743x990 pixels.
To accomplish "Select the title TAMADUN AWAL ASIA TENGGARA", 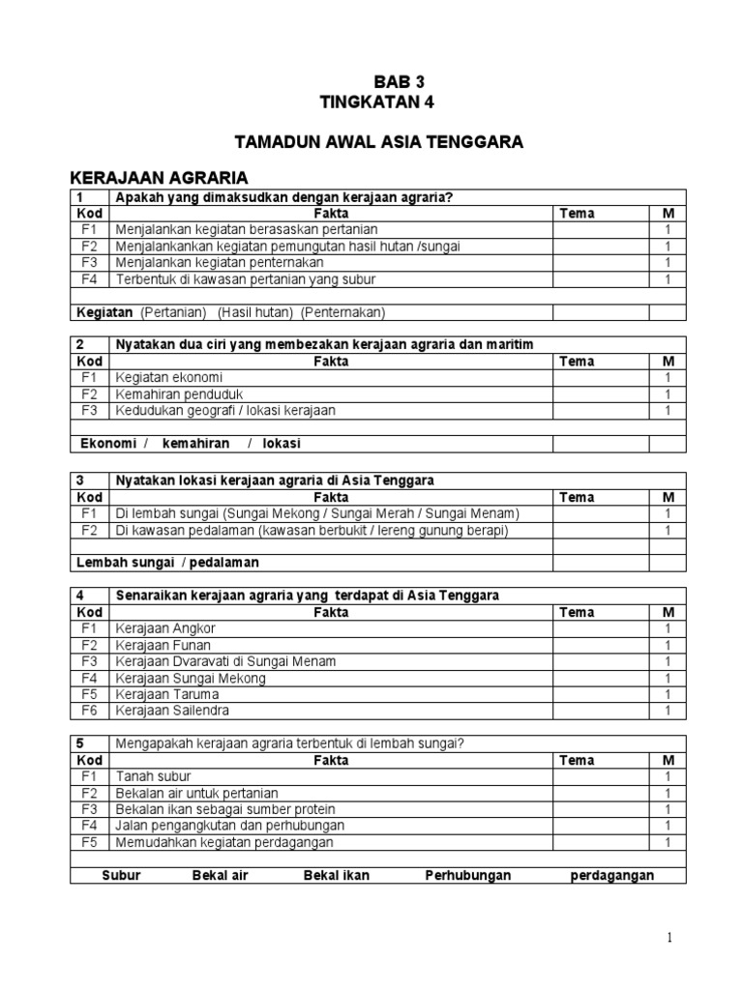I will pyautogui.click(x=379, y=142).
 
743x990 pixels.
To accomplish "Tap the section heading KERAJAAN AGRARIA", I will pyautogui.click(x=160, y=178).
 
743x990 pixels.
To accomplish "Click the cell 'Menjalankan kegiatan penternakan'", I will pyautogui.click(x=220, y=262).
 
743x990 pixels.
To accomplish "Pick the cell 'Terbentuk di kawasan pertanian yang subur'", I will pyautogui.click(x=245, y=278).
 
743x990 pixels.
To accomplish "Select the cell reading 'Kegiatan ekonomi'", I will pyautogui.click(x=169, y=377).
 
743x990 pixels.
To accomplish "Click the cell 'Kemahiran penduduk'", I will pyautogui.click(x=179, y=393).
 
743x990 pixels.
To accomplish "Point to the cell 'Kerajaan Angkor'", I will pyautogui.click(x=165, y=628).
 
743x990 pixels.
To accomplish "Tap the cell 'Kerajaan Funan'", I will pyautogui.click(x=163, y=645).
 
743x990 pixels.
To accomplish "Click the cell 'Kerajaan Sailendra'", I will pyautogui.click(x=173, y=711).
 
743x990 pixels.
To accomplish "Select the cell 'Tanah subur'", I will pyautogui.click(x=154, y=776).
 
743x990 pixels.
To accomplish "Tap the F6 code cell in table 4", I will pyautogui.click(x=89, y=711).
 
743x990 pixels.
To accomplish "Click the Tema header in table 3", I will pyautogui.click(x=577, y=497).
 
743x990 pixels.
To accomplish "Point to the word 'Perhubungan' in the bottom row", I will pyautogui.click(x=468, y=875).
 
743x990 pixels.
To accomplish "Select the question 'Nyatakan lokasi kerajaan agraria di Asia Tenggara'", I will pyautogui.click(x=275, y=480).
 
